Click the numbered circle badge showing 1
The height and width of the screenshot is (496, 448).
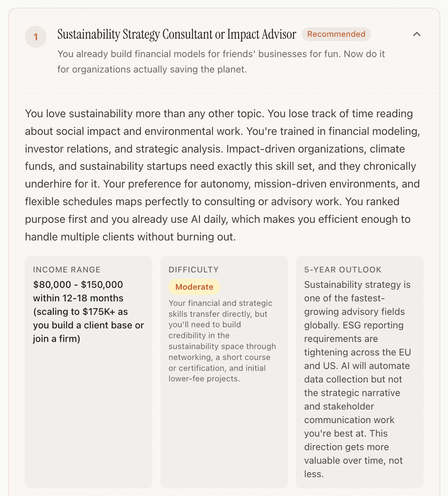(36, 37)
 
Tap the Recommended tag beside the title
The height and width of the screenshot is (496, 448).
(336, 34)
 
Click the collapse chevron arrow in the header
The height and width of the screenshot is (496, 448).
(416, 34)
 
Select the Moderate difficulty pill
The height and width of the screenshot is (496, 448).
(194, 287)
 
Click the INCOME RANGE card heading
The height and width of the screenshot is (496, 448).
(67, 270)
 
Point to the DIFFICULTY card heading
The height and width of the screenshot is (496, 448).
(194, 270)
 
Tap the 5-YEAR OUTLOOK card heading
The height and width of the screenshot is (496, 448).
(343, 270)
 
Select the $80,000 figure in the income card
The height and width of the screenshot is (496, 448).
(52, 285)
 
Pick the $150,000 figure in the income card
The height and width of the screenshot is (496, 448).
(102, 285)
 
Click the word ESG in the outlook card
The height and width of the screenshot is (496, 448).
(352, 325)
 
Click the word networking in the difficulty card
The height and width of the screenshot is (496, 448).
(189, 357)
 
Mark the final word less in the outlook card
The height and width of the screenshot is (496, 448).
(313, 474)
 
